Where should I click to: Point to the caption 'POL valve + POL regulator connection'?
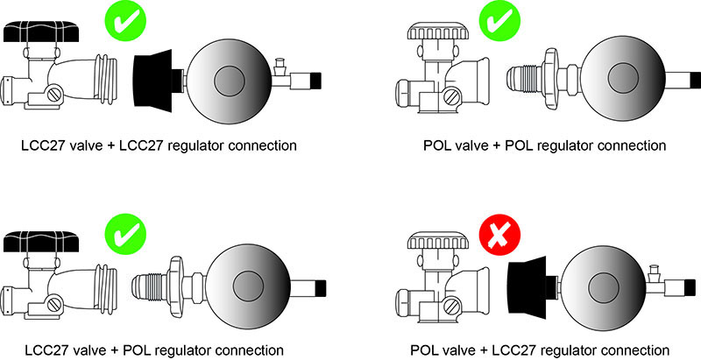point(541,145)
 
